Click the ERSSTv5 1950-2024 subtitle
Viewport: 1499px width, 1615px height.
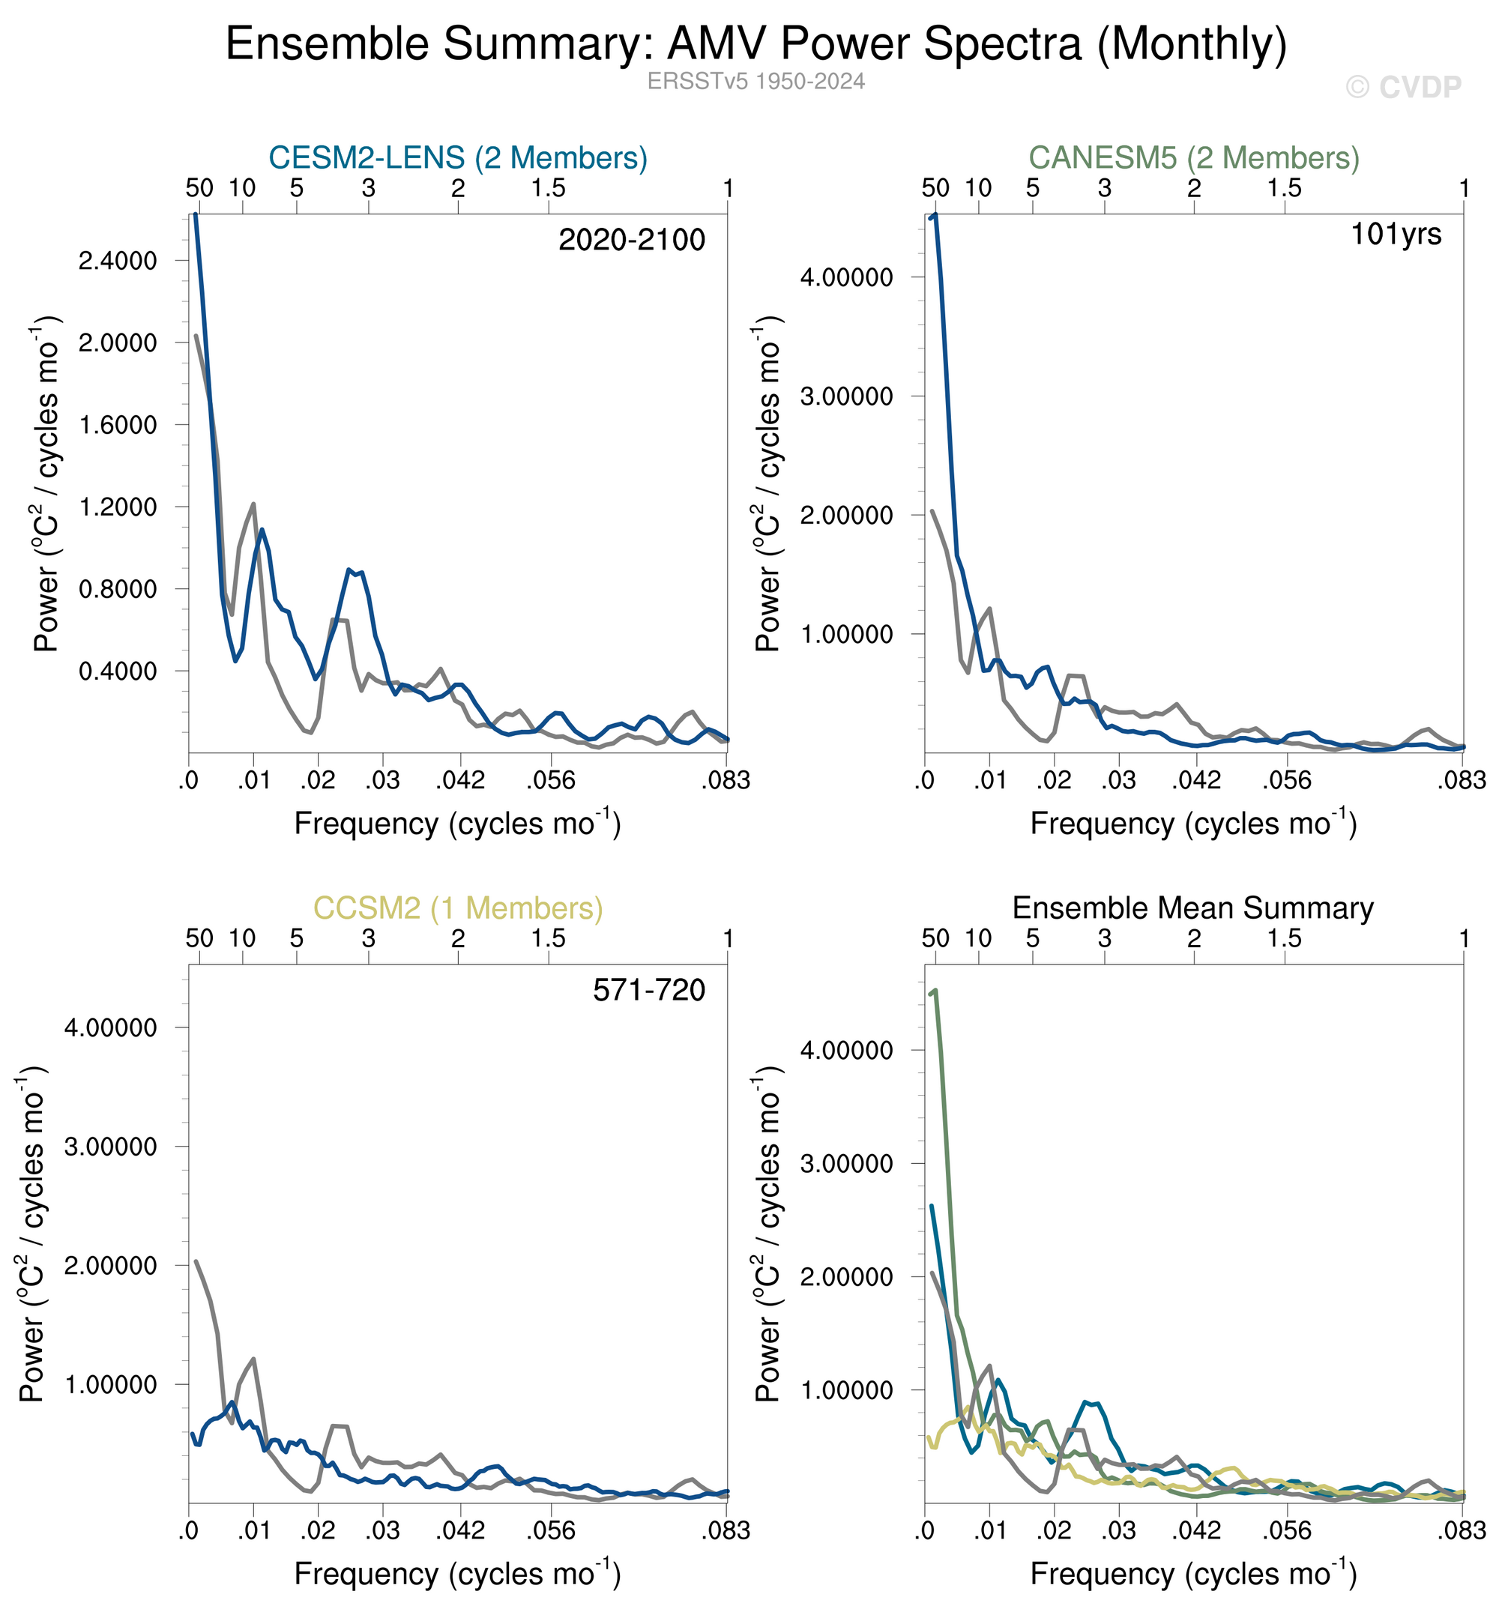point(756,81)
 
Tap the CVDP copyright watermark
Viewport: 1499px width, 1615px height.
point(1402,87)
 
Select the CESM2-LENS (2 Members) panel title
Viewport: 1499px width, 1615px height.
point(458,157)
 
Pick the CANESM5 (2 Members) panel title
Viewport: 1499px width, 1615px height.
point(1194,157)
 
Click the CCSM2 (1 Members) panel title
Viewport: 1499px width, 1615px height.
point(458,908)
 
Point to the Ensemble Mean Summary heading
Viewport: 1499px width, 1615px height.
point(1193,908)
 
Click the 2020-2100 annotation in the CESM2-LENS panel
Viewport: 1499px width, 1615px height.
point(632,240)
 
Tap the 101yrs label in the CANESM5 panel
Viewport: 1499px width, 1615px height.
point(1395,235)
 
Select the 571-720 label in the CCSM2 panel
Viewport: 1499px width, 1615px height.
point(649,991)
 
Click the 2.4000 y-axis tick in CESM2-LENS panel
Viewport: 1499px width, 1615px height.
point(118,262)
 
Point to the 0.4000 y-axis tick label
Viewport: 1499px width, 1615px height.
point(118,671)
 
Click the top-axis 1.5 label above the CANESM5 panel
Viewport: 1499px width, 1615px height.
point(1285,188)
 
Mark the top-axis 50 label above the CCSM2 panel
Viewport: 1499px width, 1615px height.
point(199,938)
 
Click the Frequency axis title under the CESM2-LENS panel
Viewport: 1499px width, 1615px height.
point(457,824)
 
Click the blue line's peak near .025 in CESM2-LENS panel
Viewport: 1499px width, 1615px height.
point(349,570)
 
